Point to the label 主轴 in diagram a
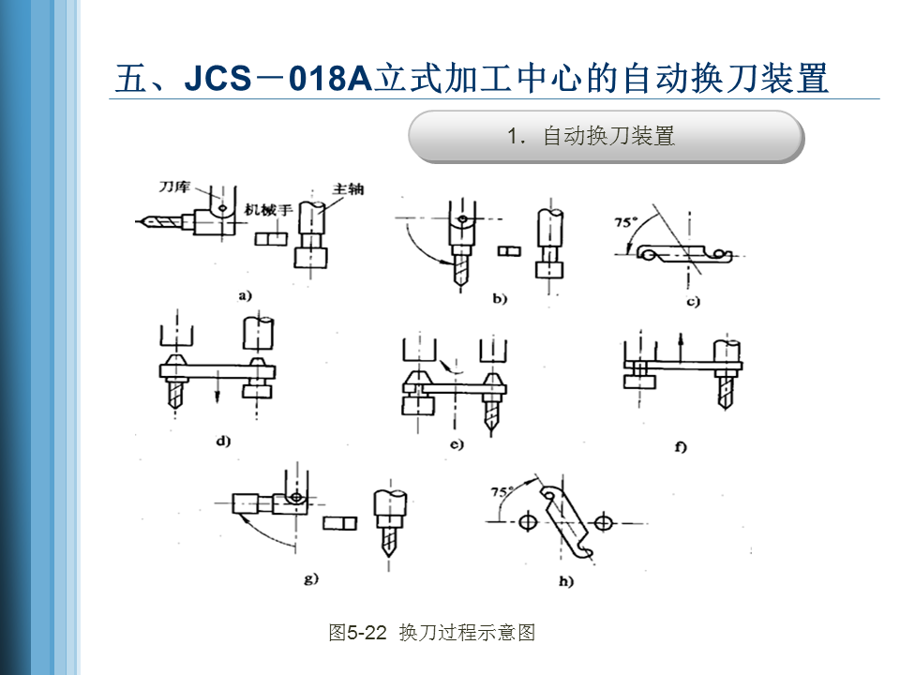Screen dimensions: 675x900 [x=347, y=188]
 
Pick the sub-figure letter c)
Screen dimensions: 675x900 [x=694, y=302]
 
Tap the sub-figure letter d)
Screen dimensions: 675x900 [x=223, y=440]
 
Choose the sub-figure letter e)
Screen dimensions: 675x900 [x=457, y=444]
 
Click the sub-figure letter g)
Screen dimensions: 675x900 [x=311, y=578]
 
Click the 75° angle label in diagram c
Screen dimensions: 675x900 [x=625, y=223]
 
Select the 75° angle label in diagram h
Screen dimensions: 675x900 [x=503, y=491]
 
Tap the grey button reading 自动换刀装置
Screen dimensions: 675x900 [x=606, y=137]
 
